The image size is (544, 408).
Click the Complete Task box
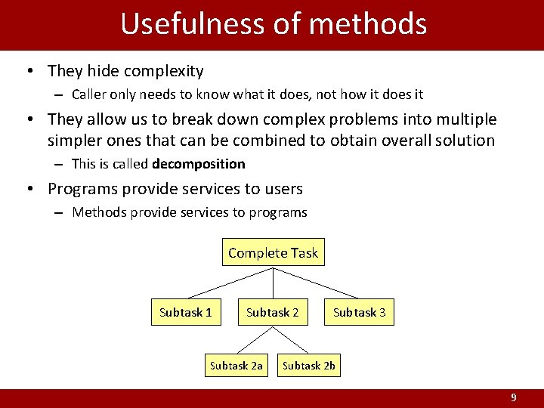point(273,253)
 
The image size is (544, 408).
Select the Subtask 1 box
point(186,312)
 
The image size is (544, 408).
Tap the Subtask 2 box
point(273,312)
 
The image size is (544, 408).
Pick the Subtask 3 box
point(360,312)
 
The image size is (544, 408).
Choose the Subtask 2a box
point(236,366)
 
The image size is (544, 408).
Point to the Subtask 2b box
point(309,366)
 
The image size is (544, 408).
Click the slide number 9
point(514,397)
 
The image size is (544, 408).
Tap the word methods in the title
point(368,24)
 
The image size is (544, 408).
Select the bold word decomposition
point(199,164)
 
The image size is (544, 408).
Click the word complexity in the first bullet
point(166,72)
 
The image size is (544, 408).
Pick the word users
point(280,189)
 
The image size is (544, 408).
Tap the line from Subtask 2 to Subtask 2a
point(255,339)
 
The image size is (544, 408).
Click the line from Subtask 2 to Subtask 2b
point(291,339)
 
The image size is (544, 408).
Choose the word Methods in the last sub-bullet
point(98,212)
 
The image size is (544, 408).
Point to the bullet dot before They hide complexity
point(28,72)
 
